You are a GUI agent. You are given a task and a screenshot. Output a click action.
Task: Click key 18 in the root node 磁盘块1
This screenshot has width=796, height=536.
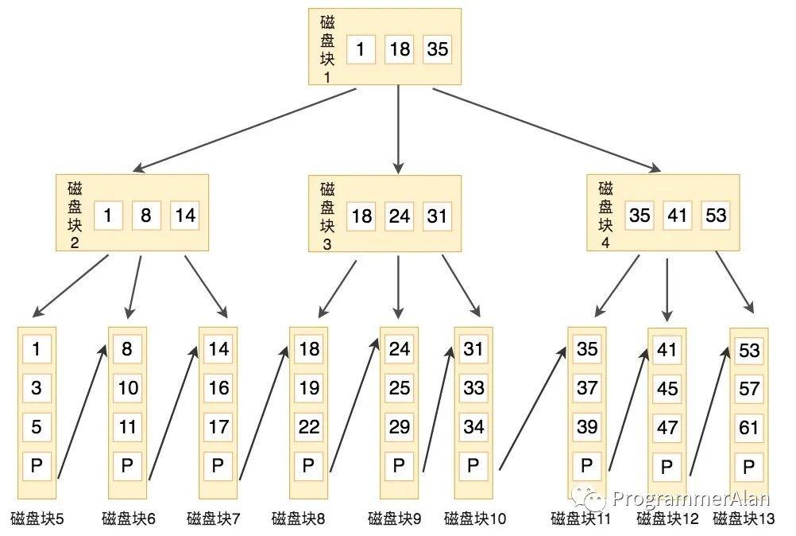coord(400,49)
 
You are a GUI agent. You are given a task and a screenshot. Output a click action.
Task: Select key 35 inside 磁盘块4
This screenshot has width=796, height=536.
coord(639,216)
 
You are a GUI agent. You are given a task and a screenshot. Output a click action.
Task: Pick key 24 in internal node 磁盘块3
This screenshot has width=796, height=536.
coord(399,216)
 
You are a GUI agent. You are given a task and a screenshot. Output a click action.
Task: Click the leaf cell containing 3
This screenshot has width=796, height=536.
coord(37,388)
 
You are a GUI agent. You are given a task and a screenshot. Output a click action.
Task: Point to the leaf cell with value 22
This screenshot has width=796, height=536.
coord(308,427)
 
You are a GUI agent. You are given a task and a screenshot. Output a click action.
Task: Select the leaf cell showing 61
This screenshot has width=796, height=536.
coord(748,428)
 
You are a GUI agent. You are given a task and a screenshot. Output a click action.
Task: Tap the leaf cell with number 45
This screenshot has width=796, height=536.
coord(667,389)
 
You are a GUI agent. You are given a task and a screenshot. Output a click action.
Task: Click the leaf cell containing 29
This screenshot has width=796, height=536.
coord(399,427)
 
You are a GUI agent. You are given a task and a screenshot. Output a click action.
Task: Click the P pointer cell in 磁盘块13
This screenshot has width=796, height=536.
coord(748,467)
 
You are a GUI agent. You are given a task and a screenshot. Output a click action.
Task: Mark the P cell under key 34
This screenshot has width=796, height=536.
coord(473,465)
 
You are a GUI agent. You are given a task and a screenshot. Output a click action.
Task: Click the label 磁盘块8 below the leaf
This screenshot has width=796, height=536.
coord(298,519)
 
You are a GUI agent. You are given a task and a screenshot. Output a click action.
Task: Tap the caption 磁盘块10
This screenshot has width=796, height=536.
coord(475,519)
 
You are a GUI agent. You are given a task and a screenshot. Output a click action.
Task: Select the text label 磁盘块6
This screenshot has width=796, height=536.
coord(128,519)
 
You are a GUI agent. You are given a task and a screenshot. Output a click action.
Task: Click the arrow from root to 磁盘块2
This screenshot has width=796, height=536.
coord(246,129)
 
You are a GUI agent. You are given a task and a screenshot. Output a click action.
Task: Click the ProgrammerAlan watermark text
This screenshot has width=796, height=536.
coord(686,499)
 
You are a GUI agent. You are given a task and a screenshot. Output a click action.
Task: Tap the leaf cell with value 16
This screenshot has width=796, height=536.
coord(218,388)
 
